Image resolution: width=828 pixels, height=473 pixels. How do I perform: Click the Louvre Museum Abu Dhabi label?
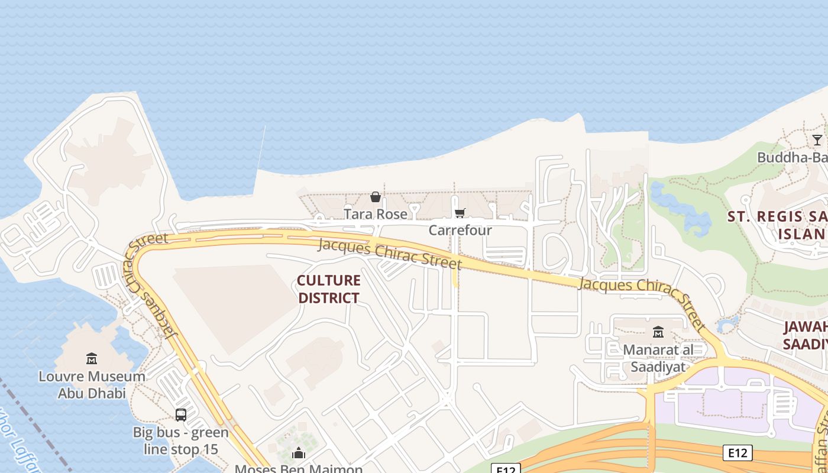tap(92, 384)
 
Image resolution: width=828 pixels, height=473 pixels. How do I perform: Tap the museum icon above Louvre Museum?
tap(92, 358)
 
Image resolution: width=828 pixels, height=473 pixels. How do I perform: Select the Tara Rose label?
tap(376, 214)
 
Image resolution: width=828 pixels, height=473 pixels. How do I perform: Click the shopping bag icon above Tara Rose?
tap(375, 197)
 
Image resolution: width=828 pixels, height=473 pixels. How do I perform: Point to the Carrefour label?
tap(460, 230)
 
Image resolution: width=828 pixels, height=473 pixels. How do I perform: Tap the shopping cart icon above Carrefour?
tap(460, 213)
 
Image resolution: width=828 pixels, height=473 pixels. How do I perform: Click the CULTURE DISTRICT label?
tap(329, 289)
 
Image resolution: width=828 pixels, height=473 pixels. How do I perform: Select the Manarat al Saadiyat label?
tap(658, 358)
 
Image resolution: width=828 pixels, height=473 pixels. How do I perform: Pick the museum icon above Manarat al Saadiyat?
tap(658, 332)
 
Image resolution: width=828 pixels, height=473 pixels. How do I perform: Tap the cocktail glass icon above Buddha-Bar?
tap(817, 140)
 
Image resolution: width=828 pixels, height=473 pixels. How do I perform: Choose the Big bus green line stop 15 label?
tap(180, 440)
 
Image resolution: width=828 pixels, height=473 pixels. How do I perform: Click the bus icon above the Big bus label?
tap(180, 415)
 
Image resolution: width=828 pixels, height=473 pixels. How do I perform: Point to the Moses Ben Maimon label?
tap(299, 469)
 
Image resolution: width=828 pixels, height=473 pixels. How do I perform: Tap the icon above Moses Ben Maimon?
tap(299, 453)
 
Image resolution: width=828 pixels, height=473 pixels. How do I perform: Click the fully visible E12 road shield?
tap(737, 453)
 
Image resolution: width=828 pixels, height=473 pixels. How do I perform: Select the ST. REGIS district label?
tap(777, 225)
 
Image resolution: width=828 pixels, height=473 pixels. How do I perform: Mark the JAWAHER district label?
tap(805, 335)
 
